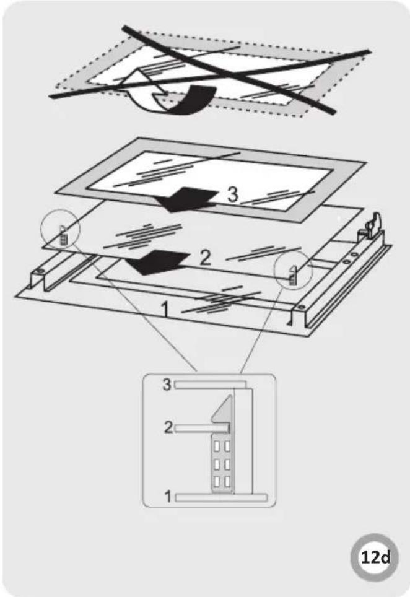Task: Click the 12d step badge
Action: pyautogui.click(x=375, y=557)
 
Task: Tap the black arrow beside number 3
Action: pyautogui.click(x=187, y=199)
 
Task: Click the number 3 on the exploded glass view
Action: pyautogui.click(x=233, y=194)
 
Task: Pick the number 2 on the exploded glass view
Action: pyautogui.click(x=205, y=258)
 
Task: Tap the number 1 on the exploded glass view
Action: pyautogui.click(x=165, y=309)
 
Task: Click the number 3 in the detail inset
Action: pyautogui.click(x=167, y=385)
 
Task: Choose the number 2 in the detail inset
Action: pyautogui.click(x=168, y=427)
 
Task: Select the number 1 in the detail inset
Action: pyautogui.click(x=167, y=497)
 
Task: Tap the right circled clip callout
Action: pyautogui.click(x=293, y=271)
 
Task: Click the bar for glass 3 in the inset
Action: pyautogui.click(x=209, y=385)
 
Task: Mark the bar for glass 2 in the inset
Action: pyautogui.click(x=202, y=429)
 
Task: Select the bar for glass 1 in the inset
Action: pyautogui.click(x=221, y=498)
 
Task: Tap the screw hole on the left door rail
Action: pyautogui.click(x=39, y=271)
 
